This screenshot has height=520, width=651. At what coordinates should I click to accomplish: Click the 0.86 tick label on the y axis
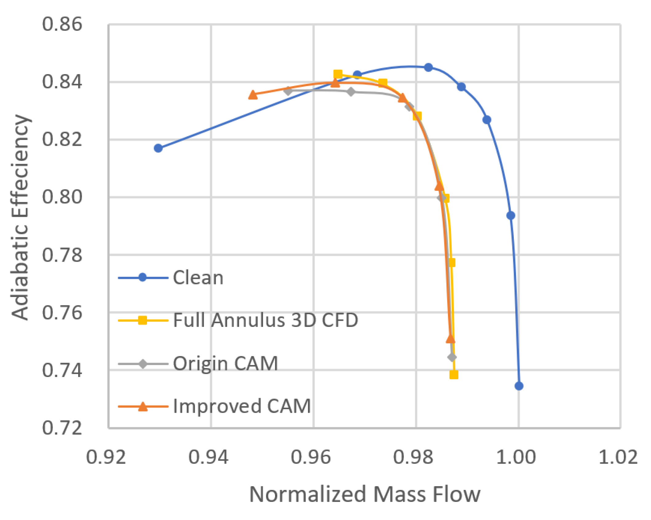point(62,24)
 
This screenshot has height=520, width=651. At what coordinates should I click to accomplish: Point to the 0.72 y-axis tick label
point(62,427)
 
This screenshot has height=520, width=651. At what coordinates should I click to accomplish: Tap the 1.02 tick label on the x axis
point(618,457)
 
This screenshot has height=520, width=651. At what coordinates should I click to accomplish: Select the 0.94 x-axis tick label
point(208,457)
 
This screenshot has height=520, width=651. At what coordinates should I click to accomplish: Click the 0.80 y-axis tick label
point(62,197)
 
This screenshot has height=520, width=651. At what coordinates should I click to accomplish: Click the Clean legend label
point(198,278)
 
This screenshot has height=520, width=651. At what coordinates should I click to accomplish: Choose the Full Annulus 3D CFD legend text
point(266,320)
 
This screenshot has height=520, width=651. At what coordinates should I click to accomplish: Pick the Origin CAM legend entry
point(225,363)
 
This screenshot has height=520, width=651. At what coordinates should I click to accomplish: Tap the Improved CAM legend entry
point(242,406)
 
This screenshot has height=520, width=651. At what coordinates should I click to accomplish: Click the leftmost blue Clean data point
point(158,148)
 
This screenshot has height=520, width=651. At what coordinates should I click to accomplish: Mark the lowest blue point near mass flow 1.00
point(519,386)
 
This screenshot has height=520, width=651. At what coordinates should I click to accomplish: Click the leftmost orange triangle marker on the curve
point(253,95)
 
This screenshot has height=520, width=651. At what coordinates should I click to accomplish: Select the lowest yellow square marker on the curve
point(454,375)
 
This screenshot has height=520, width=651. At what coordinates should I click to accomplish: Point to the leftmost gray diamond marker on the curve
point(288,91)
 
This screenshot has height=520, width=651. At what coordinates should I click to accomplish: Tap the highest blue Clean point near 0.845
point(428,67)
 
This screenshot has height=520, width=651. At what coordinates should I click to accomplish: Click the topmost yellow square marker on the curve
point(338,74)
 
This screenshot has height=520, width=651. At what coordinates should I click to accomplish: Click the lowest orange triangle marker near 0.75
point(450,339)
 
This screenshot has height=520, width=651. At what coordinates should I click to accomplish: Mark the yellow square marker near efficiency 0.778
point(452,263)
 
